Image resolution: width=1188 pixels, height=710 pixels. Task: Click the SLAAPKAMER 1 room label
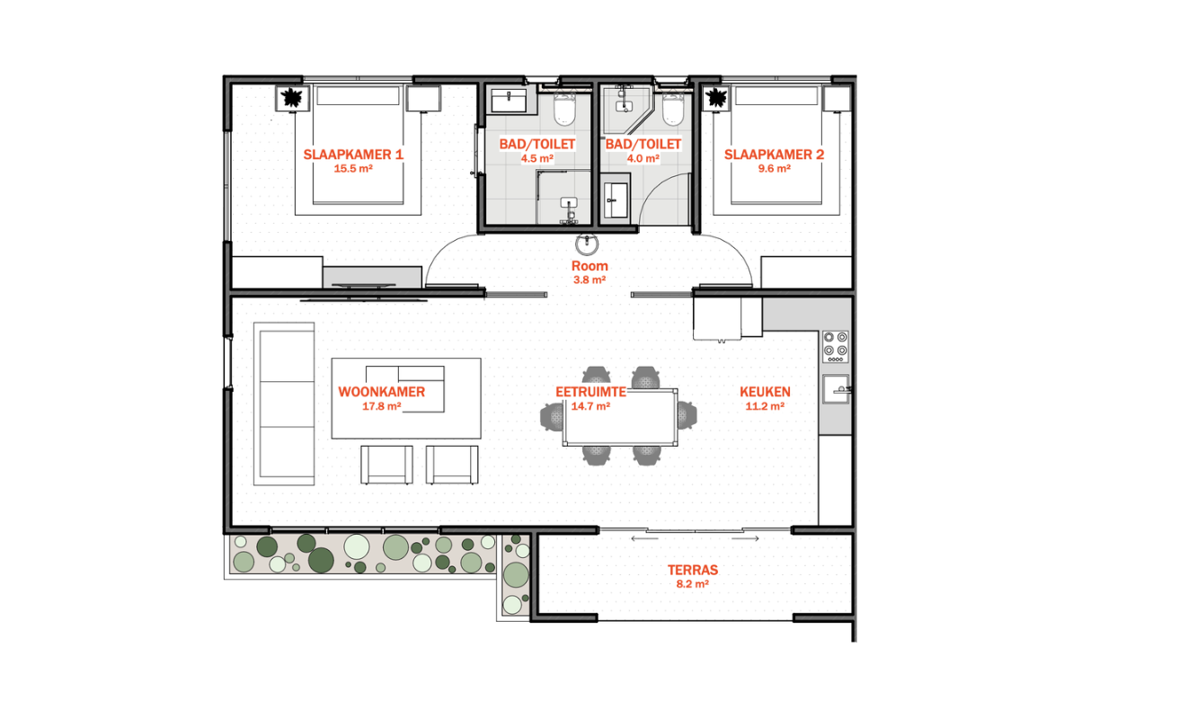pos(353,155)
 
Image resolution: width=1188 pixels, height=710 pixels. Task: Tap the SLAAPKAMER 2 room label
pos(775,155)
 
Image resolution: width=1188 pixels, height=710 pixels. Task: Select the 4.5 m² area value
pos(537,158)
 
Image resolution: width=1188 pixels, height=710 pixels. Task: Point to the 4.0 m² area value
pos(643,158)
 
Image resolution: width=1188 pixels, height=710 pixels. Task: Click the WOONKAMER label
pos(382,392)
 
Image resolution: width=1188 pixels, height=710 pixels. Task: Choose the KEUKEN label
pos(765,392)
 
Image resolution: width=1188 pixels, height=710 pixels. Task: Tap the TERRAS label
pos(693,570)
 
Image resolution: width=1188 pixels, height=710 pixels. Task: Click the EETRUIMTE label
pos(590,392)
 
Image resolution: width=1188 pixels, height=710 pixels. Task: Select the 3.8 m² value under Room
pos(590,280)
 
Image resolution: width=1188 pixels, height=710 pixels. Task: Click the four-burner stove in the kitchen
pos(836,347)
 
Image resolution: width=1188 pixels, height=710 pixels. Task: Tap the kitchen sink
pos(836,389)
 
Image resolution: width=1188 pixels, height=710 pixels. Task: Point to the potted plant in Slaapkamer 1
pos(292,98)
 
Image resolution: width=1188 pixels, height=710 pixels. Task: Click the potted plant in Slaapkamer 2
pos(716,98)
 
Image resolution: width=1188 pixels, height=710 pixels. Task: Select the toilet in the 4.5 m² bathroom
pos(565,108)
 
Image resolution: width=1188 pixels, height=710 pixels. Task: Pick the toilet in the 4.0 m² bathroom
pos(672,108)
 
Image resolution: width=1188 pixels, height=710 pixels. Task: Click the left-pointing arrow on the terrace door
pos(644,538)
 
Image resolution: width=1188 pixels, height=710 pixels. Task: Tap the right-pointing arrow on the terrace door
pos(745,538)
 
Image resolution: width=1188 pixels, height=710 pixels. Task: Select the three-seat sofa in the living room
pos(284,404)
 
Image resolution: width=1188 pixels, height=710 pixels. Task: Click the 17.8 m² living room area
pos(381,406)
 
